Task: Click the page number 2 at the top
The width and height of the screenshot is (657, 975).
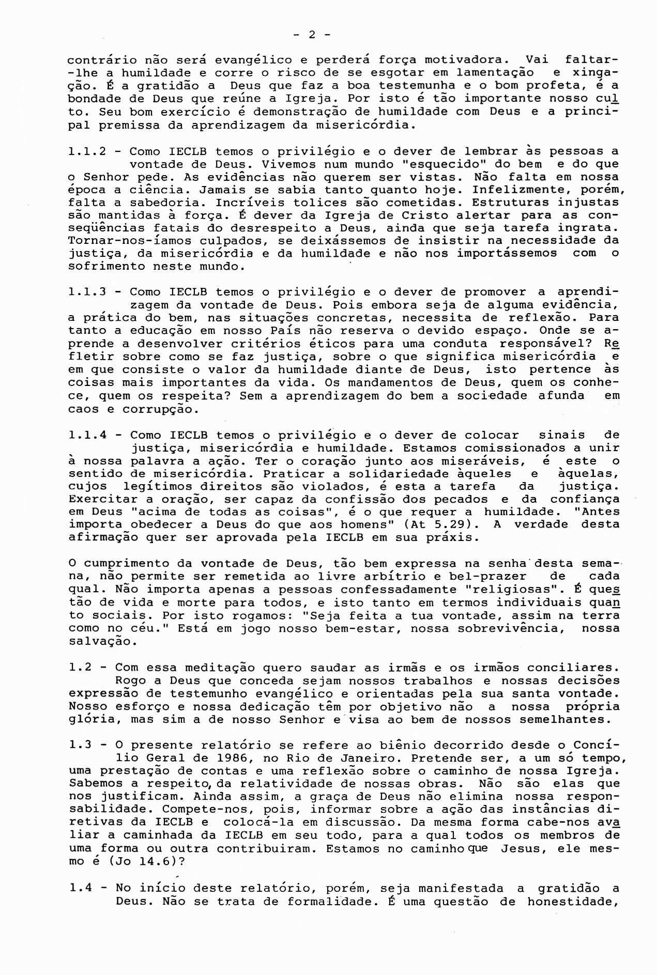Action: point(312,35)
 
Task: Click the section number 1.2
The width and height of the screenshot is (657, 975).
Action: point(80,668)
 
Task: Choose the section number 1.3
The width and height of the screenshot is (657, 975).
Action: point(80,746)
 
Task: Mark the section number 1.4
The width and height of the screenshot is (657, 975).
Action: point(80,889)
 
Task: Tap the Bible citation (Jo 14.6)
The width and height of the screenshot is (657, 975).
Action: point(130,862)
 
